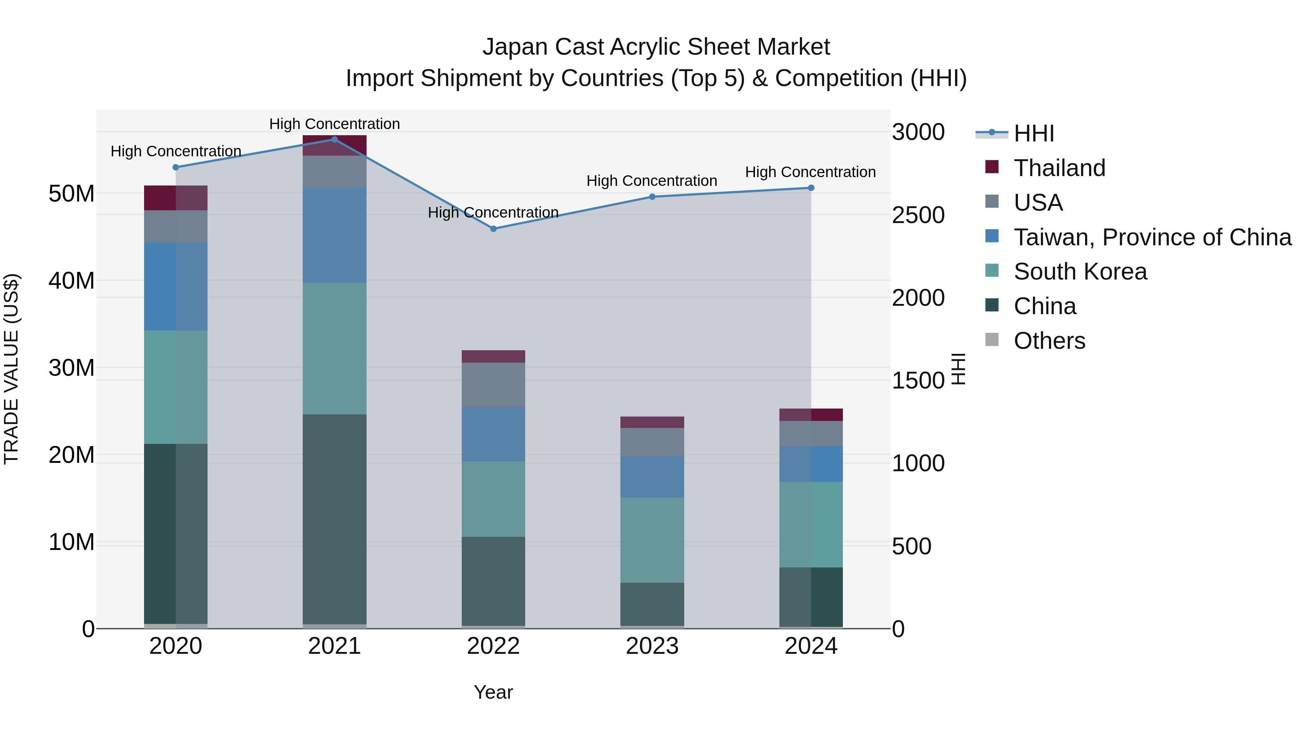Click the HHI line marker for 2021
tap(334, 140)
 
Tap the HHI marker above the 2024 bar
tap(811, 188)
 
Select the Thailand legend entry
tap(1059, 168)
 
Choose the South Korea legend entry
tap(1080, 272)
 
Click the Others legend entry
tap(1049, 341)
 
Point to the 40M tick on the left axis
tap(71, 281)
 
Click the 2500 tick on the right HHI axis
tap(918, 215)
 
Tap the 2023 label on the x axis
tap(652, 646)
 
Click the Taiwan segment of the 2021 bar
tap(334, 235)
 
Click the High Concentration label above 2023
tap(651, 181)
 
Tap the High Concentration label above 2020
tap(175, 151)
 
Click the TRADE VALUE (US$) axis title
tap(11, 369)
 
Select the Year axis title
tap(493, 692)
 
